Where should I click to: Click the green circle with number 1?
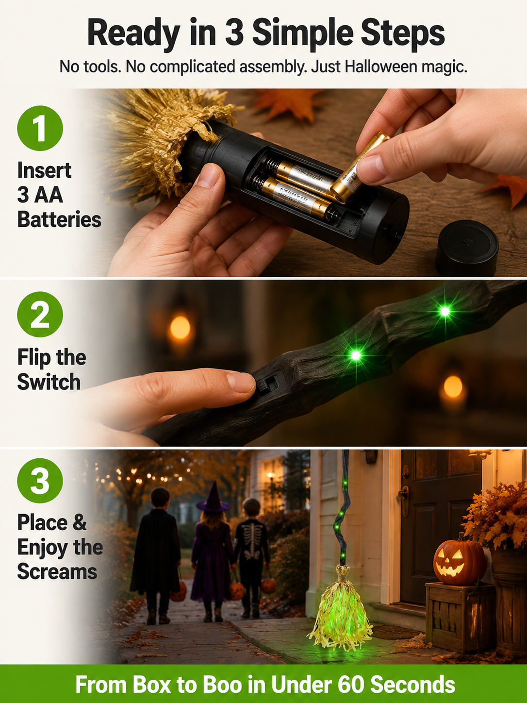pyautogui.click(x=40, y=128)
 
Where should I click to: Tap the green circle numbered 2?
pyautogui.click(x=40, y=314)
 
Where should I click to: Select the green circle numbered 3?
pyautogui.click(x=40, y=481)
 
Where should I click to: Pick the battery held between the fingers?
pyautogui.click(x=359, y=167)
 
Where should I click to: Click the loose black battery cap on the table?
pyautogui.click(x=467, y=248)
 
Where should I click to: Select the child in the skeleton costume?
pyautogui.click(x=252, y=558)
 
